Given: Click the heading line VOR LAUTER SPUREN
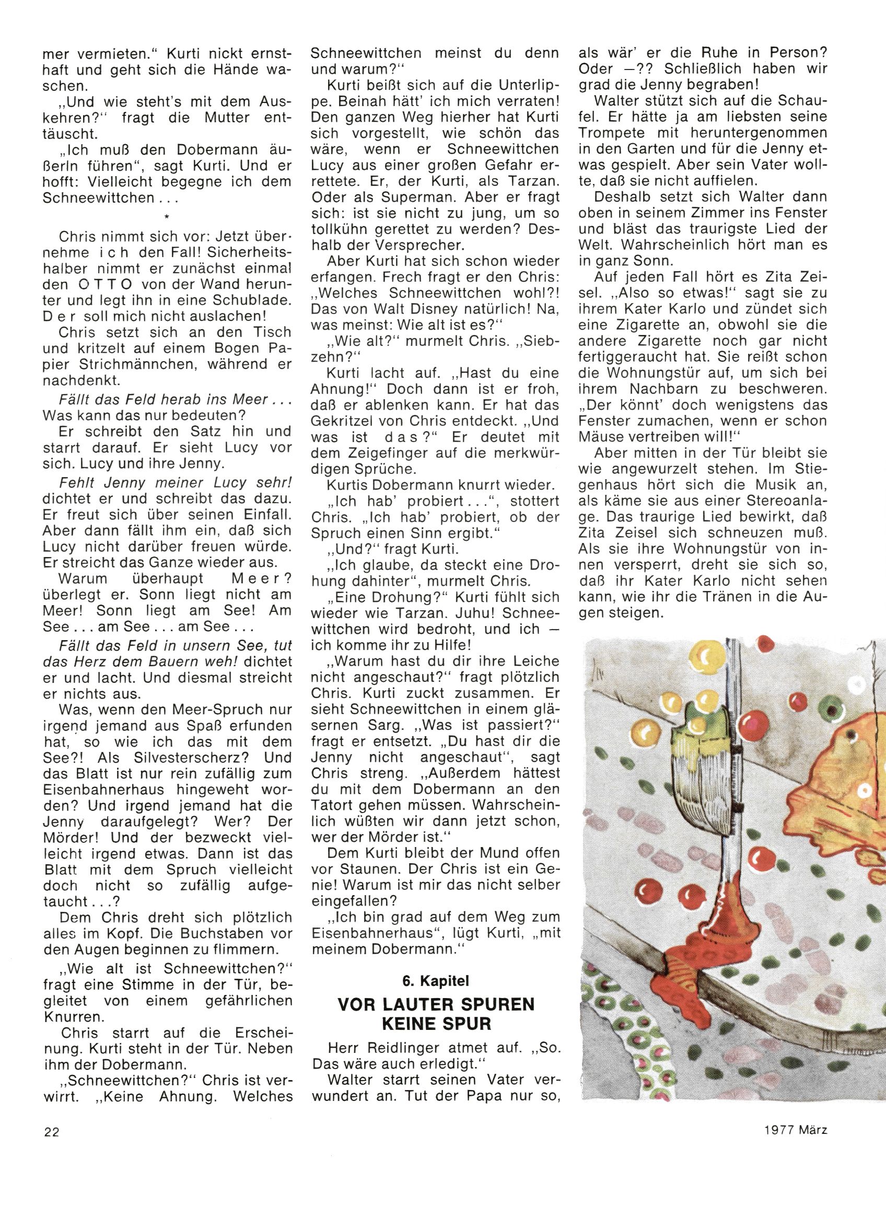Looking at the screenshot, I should [x=436, y=1005].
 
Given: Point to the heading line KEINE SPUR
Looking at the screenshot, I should [x=436, y=1024].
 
